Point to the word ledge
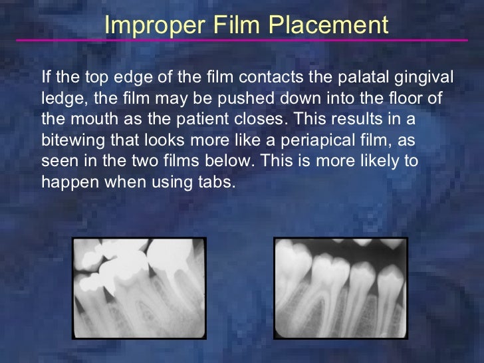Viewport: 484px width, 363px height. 60,99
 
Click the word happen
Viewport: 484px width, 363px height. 65,182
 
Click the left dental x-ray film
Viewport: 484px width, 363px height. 139,287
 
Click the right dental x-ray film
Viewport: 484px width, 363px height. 341,287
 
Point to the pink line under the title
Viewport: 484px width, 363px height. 242,41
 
